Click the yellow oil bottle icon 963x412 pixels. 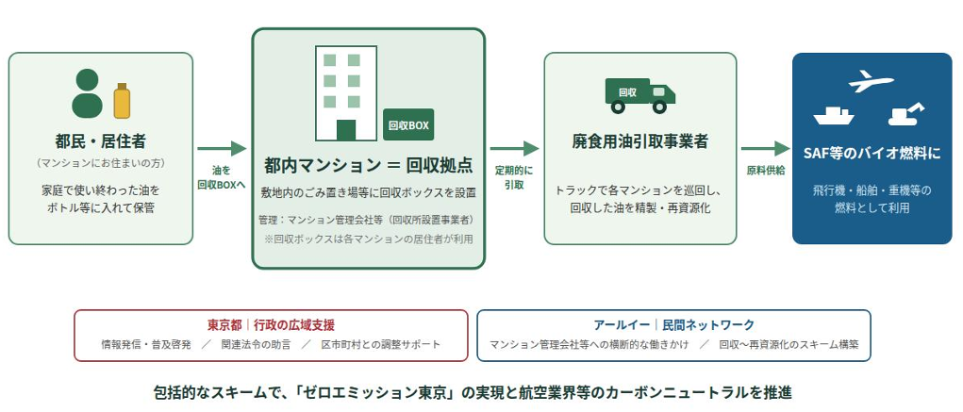[122, 101]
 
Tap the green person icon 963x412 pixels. [87, 93]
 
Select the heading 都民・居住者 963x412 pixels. [100, 141]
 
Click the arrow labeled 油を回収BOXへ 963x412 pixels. [222, 148]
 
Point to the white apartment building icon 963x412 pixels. [346, 93]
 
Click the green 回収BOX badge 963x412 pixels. [408, 124]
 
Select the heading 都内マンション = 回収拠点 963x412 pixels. [369, 165]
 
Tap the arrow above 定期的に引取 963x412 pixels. [515, 148]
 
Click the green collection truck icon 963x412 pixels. [639, 96]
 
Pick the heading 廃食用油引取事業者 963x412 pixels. [639, 141]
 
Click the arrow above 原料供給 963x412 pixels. [765, 148]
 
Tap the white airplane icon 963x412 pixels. [871, 82]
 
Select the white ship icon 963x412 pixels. [834, 115]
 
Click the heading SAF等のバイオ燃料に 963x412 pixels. [872, 154]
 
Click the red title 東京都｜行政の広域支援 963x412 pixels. [271, 325]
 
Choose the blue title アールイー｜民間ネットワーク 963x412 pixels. [673, 325]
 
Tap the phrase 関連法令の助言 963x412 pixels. [257, 344]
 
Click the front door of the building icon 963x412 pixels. [346, 130]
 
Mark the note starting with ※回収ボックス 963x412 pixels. [369, 239]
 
